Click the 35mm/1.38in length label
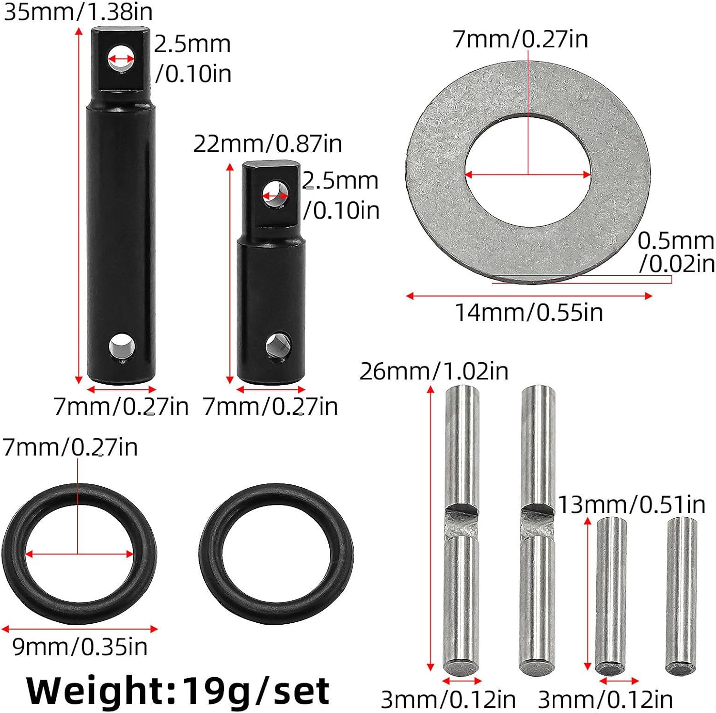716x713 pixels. pyautogui.click(x=78, y=11)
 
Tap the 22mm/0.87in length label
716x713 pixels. pyautogui.click(x=268, y=144)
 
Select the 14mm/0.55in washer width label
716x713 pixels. pyautogui.click(x=529, y=313)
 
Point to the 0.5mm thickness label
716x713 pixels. pyautogui.click(x=676, y=252)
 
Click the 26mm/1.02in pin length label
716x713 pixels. pyautogui.click(x=434, y=371)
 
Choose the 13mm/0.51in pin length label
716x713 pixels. pyautogui.click(x=632, y=505)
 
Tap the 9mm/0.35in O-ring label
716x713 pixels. pyautogui.click(x=80, y=647)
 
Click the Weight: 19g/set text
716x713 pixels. pyautogui.click(x=178, y=691)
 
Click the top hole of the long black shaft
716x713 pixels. pyautogui.click(x=121, y=59)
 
